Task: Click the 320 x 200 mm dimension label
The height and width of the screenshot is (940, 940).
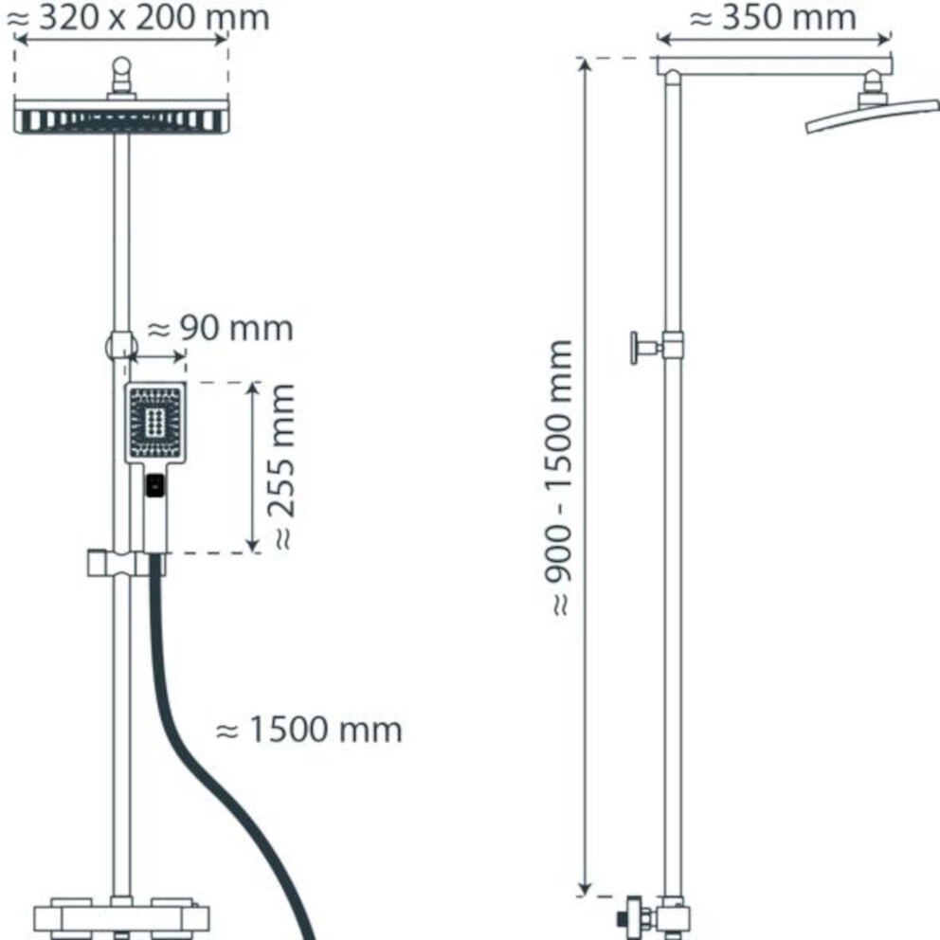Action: tap(142, 16)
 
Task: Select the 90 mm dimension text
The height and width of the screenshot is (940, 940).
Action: tap(221, 329)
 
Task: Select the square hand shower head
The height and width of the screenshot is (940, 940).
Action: tap(157, 423)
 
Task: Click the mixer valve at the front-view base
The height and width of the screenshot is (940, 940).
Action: tap(121, 918)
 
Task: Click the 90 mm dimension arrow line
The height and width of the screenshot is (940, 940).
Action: tap(156, 358)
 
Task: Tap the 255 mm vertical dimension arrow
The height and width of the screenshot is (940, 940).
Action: tap(252, 466)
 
